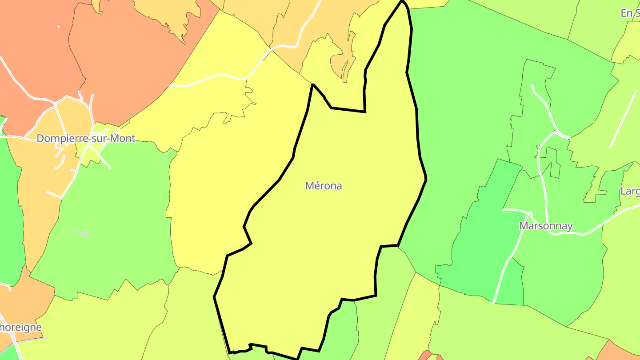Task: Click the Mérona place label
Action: click(x=324, y=186)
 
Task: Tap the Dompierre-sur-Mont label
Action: click(x=86, y=138)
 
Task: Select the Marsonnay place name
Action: click(x=546, y=226)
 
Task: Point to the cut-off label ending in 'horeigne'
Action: click(x=20, y=328)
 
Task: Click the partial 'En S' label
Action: click(x=630, y=13)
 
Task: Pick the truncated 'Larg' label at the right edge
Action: click(x=630, y=191)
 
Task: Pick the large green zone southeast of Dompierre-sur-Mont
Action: click(x=111, y=222)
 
